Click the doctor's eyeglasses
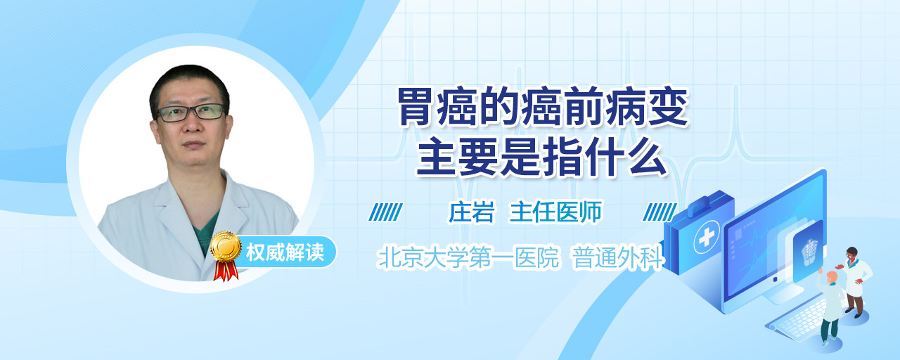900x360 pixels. coord(191,112)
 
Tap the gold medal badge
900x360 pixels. coord(226,245)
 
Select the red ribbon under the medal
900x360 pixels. coord(225,270)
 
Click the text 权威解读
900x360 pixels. coord(285,252)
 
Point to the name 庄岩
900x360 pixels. coord(471,212)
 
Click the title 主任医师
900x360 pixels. coord(555,212)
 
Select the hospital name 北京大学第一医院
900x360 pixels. coord(468,257)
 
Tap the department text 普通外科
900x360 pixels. coord(617,257)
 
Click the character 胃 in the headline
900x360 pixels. coord(416,106)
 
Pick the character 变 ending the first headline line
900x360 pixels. coord(669,106)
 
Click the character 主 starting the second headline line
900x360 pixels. coord(435,156)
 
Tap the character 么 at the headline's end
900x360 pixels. coord(648,156)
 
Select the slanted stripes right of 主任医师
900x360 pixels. coord(660,212)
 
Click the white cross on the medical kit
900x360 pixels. coord(706,238)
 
